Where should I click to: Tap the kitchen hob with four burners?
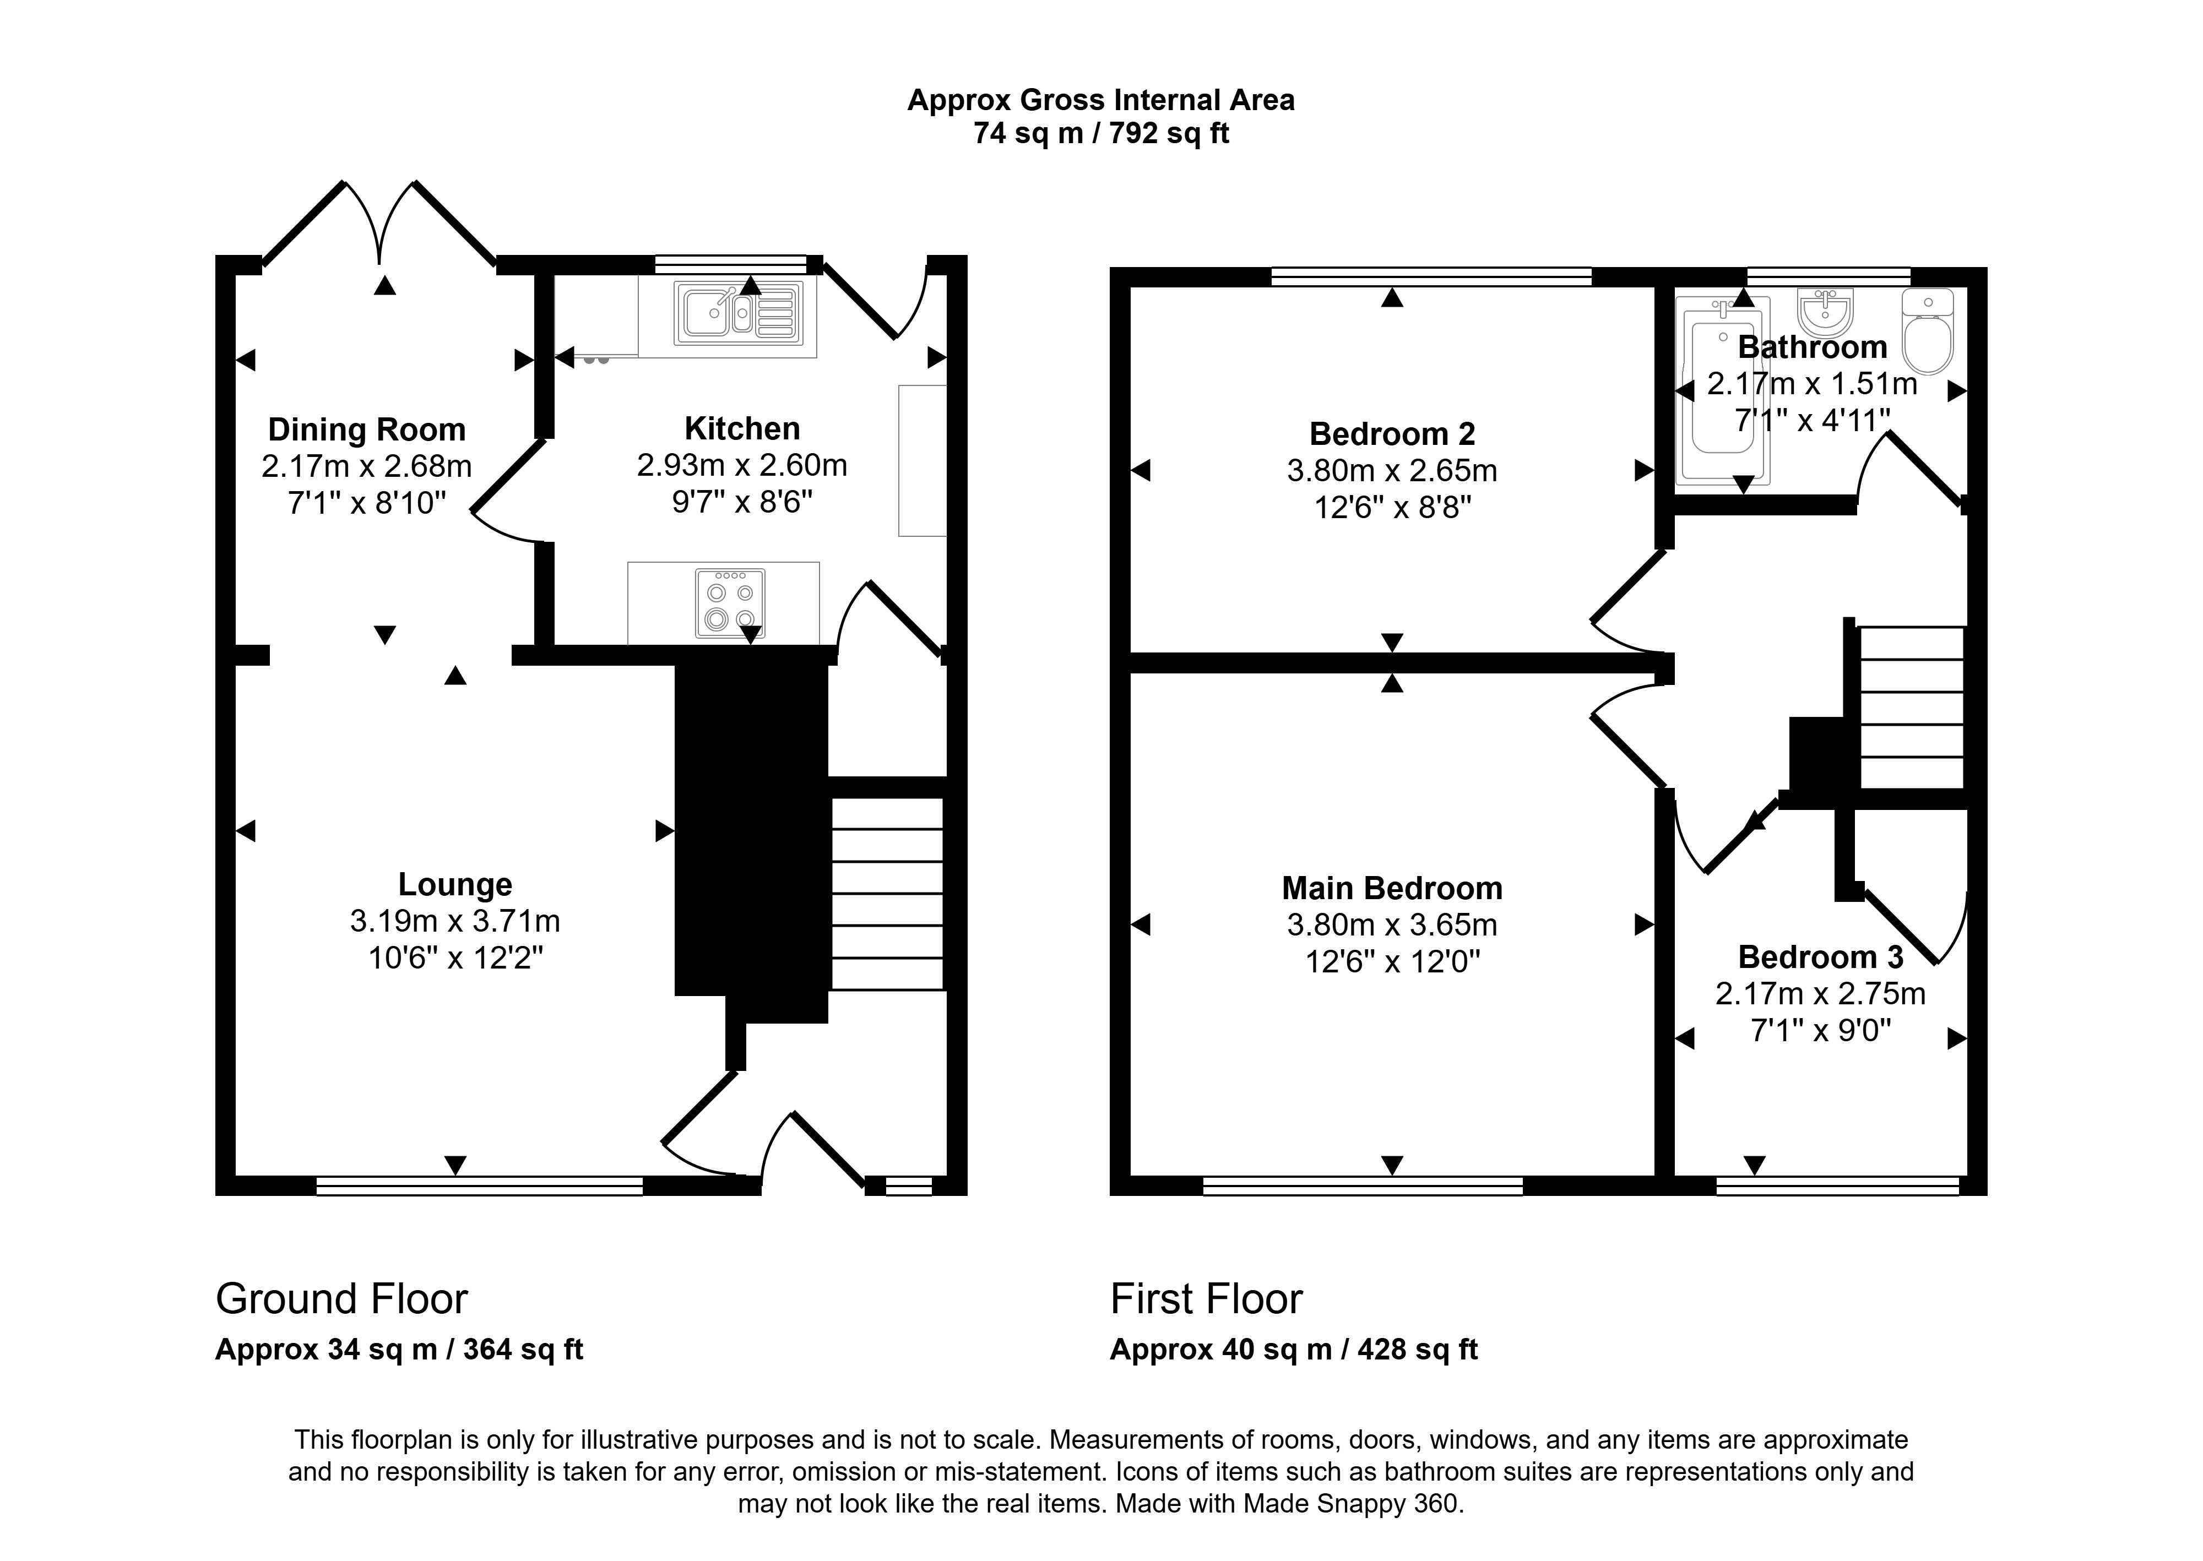pos(730,603)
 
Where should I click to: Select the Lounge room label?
pos(455,884)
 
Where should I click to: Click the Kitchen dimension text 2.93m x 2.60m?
pos(742,465)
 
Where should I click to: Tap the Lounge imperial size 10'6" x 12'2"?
pos(455,958)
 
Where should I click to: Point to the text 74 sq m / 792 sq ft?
pos(1101,134)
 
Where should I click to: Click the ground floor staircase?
pos(886,894)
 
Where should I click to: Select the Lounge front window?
pos(480,1186)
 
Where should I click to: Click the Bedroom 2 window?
pos(1431,277)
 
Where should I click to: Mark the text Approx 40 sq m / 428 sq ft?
pos(1294,1350)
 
